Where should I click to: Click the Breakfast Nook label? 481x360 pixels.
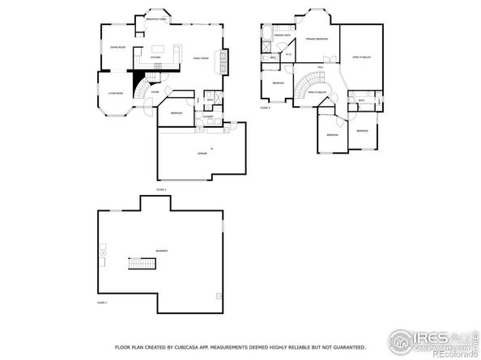click(x=157, y=19)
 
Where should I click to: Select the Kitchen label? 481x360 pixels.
click(x=155, y=58)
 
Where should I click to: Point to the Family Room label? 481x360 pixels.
click(x=201, y=59)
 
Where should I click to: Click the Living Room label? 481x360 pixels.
click(x=115, y=93)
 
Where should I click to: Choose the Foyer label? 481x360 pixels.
click(x=155, y=92)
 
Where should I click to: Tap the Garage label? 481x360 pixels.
click(x=201, y=153)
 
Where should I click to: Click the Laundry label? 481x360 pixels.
click(x=208, y=116)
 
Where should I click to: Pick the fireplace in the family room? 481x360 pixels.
click(x=226, y=64)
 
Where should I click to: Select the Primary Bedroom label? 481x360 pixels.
click(x=317, y=38)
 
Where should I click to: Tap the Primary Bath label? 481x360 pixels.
click(x=282, y=36)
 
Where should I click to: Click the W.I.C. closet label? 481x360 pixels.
click(x=288, y=55)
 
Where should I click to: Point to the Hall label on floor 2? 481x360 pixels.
click(x=321, y=67)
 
